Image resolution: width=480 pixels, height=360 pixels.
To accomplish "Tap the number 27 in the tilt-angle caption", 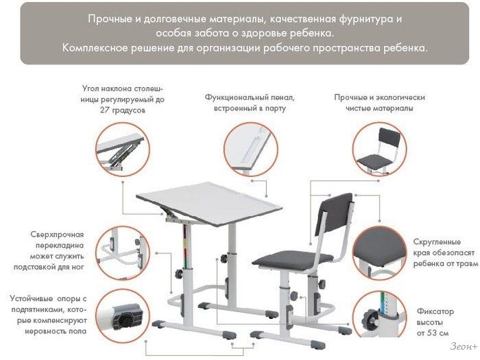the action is tap(104, 110).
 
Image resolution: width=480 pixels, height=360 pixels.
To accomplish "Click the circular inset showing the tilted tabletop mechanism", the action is tap(123, 149).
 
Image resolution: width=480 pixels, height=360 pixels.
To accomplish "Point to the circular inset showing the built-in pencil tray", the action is tap(251, 149).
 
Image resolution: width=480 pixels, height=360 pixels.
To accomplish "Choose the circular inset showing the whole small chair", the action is tap(380, 149).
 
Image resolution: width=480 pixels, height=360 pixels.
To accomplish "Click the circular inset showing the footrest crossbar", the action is tap(123, 253).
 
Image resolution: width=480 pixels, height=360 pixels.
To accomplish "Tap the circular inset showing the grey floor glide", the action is tap(123, 317).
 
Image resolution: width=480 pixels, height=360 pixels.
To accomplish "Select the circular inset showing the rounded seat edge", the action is tap(380, 253).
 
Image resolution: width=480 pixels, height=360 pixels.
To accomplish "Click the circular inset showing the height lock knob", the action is tap(380, 315).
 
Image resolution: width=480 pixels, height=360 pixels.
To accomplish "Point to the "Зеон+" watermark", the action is tap(464, 346).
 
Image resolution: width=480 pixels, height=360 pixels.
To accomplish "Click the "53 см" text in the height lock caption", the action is tap(438, 333).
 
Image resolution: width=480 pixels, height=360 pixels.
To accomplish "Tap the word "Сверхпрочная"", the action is tap(57, 235).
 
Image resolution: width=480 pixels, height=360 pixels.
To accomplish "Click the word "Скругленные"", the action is tap(437, 242).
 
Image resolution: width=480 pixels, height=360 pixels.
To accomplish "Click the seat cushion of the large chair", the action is tap(293, 260).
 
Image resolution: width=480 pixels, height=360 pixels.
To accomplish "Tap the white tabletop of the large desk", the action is tap(209, 203).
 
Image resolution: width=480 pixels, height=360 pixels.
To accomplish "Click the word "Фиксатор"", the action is tap(435, 312).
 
